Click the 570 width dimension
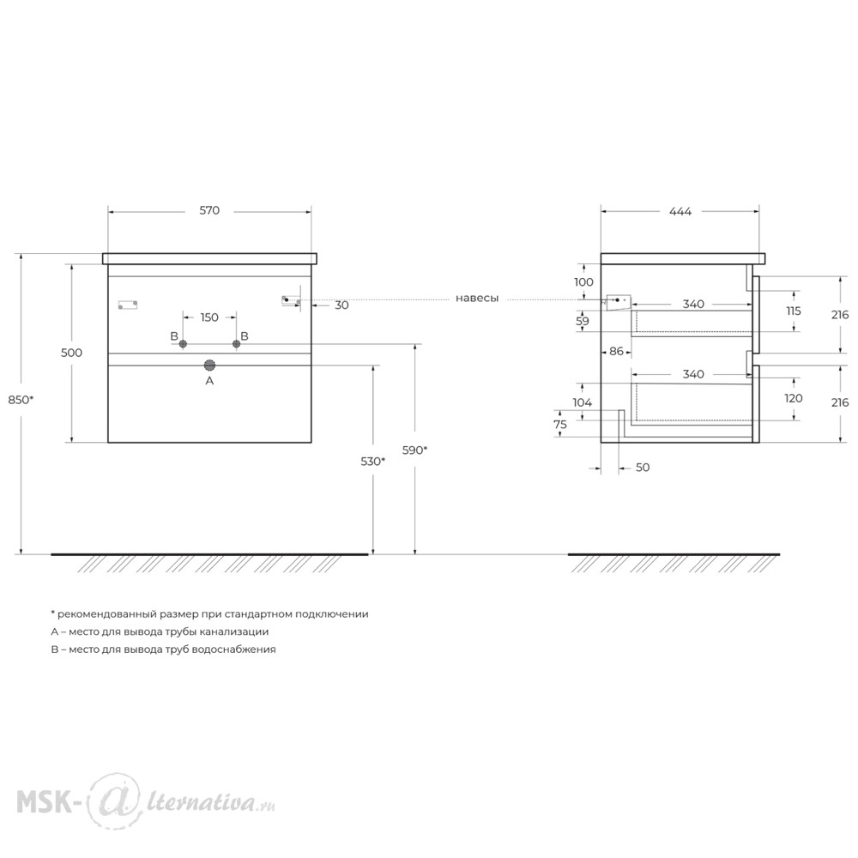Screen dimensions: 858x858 tap(209, 211)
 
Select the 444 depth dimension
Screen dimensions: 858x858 tap(680, 211)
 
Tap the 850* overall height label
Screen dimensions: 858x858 tap(21, 400)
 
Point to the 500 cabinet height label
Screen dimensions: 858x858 tap(72, 353)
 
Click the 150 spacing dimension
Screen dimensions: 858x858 tap(209, 317)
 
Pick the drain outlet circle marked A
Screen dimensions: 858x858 tap(209, 366)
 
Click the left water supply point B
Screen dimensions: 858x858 tap(184, 344)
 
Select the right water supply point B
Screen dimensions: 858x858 tap(237, 344)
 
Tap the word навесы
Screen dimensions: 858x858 tap(477, 299)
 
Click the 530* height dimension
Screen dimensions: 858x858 tap(372, 462)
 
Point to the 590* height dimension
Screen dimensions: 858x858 tap(414, 450)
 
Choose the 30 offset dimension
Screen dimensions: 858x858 tap(341, 305)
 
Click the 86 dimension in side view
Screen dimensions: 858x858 tap(616, 351)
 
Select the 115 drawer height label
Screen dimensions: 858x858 tap(794, 311)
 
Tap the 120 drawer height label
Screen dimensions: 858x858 tap(794, 398)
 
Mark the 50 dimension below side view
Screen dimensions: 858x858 tap(643, 468)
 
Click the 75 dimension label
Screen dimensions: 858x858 tap(560, 425)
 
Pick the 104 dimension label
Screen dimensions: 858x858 tap(583, 402)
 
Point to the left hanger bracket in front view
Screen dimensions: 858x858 tap(128, 305)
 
